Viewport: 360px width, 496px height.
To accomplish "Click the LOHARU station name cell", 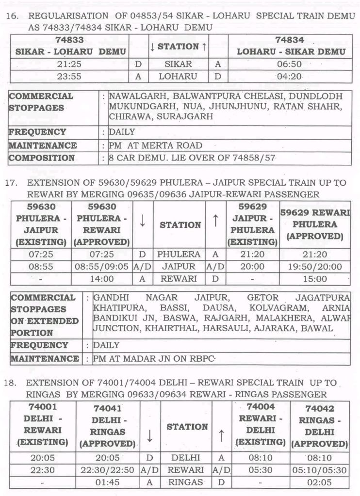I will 178,76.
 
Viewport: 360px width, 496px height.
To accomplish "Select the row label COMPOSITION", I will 42,158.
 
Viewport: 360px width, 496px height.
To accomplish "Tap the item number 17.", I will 11,183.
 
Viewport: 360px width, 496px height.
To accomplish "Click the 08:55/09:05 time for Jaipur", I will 102,266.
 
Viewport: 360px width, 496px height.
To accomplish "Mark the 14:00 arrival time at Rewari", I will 102,279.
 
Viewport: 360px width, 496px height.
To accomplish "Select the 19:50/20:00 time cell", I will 314,266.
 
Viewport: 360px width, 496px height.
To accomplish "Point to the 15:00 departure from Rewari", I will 314,279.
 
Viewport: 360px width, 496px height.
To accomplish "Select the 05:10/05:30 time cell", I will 320,470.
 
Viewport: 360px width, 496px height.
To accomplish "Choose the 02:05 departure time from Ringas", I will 320,482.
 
